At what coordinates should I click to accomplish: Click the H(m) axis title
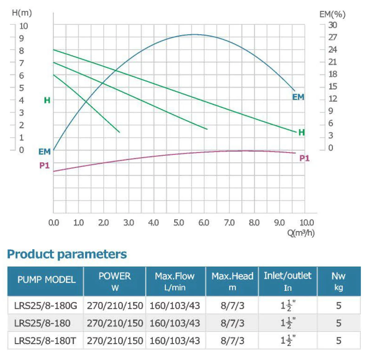tap(22, 13)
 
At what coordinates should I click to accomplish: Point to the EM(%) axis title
tap(332, 14)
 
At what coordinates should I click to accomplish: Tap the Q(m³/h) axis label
tap(300, 233)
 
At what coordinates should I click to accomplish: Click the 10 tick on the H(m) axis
tap(24, 26)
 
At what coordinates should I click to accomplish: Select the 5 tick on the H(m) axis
tap(21, 88)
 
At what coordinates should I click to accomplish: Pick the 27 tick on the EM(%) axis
tap(333, 37)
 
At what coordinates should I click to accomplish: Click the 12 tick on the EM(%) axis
tap(333, 99)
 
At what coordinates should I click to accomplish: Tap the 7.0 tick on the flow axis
tap(229, 222)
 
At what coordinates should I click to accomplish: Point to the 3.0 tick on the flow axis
tap(128, 222)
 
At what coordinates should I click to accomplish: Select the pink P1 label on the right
tap(304, 158)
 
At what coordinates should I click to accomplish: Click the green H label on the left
tap(47, 100)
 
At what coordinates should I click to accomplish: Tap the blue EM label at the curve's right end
tap(298, 97)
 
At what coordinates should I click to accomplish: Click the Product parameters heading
tap(67, 254)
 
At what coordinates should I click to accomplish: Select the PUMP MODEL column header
tap(46, 279)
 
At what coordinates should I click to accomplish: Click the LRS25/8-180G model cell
tap(45, 306)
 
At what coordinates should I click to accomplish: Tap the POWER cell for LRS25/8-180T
tap(115, 340)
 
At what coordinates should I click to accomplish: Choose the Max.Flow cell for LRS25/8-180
tap(175, 323)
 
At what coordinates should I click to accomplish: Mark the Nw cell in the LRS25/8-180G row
tap(338, 306)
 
